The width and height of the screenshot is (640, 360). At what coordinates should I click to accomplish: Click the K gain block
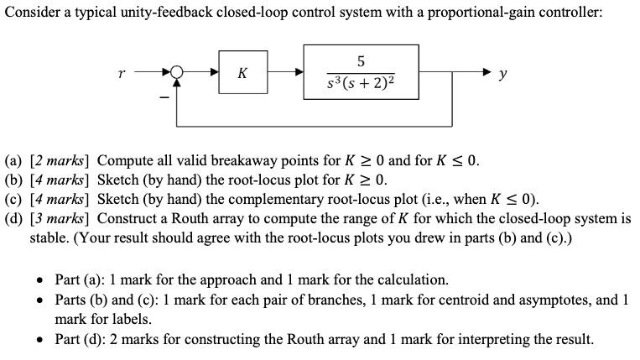(x=242, y=73)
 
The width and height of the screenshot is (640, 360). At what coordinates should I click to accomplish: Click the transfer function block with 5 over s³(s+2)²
(x=361, y=73)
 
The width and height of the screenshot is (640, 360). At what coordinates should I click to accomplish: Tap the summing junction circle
(x=177, y=73)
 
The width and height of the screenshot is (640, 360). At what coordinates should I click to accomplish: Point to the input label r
(x=123, y=74)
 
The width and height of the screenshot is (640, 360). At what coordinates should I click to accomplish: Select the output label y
(x=502, y=75)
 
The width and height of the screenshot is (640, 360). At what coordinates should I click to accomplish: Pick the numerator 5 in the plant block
(x=361, y=61)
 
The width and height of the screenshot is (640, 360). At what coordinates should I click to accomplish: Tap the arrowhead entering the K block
(x=214, y=73)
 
